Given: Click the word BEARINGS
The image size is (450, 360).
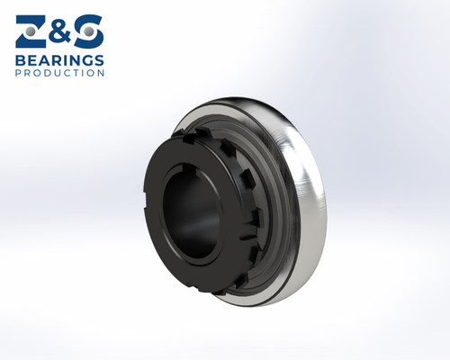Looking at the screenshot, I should pyautogui.click(x=59, y=60).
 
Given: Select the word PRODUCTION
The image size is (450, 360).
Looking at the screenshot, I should pyautogui.click(x=59, y=74).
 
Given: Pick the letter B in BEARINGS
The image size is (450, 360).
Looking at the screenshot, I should pyautogui.click(x=20, y=60).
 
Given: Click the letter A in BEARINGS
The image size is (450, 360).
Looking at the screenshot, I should pyautogui.click(x=42, y=60).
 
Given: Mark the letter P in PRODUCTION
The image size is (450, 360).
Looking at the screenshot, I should pyautogui.click(x=18, y=74).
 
